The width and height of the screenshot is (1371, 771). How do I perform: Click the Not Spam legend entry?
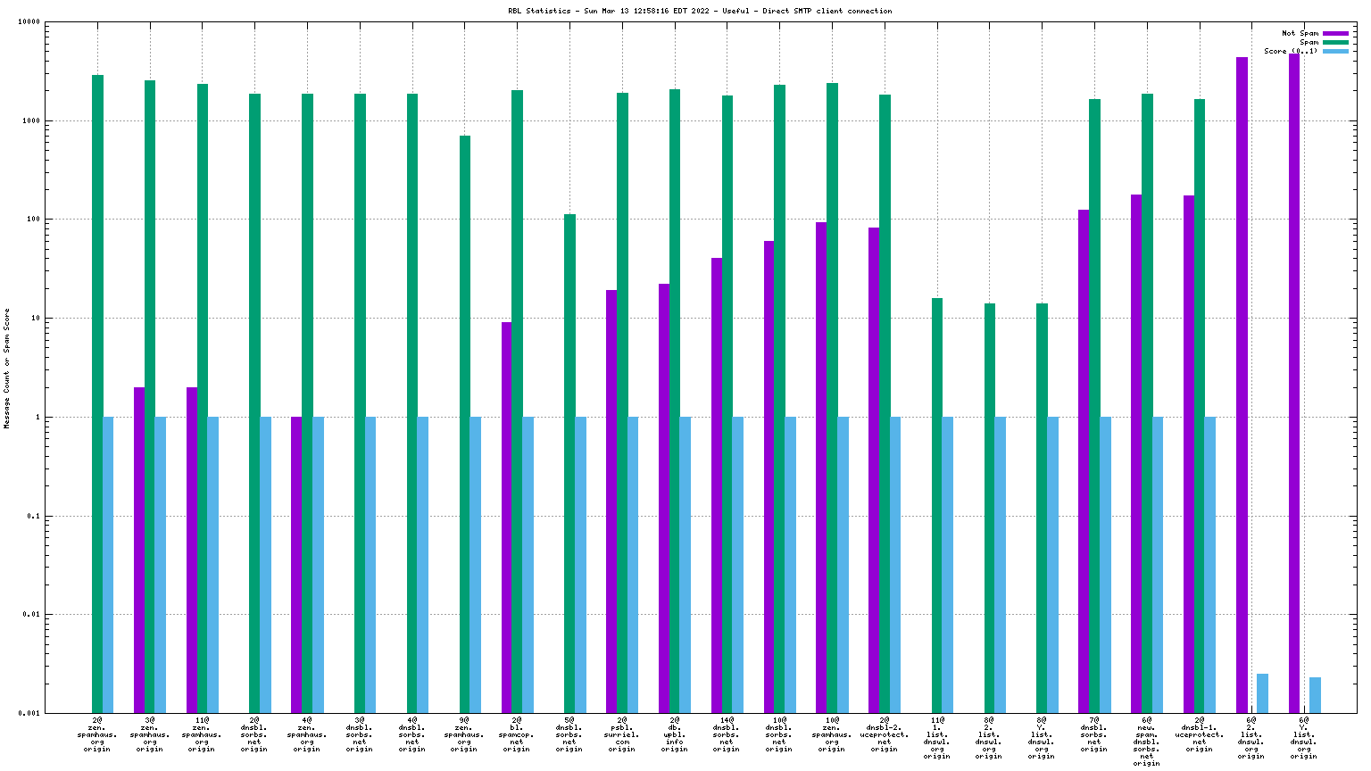click(x=1300, y=33)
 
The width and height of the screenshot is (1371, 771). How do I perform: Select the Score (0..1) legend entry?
click(x=1291, y=51)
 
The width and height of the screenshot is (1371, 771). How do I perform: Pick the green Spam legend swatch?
click(x=1335, y=42)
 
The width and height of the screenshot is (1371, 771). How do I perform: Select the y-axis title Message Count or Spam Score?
click(x=7, y=369)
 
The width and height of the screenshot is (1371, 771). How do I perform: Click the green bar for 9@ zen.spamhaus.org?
click(x=465, y=424)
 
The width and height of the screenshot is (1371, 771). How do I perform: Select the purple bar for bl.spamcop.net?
click(x=506, y=518)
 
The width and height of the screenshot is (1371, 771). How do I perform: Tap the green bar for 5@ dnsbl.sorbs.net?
click(x=569, y=463)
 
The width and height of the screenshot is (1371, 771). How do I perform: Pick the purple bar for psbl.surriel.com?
click(x=611, y=501)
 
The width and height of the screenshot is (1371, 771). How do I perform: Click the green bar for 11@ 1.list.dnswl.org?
click(x=937, y=505)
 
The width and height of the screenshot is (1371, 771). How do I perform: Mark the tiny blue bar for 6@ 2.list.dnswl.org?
click(x=1262, y=693)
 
